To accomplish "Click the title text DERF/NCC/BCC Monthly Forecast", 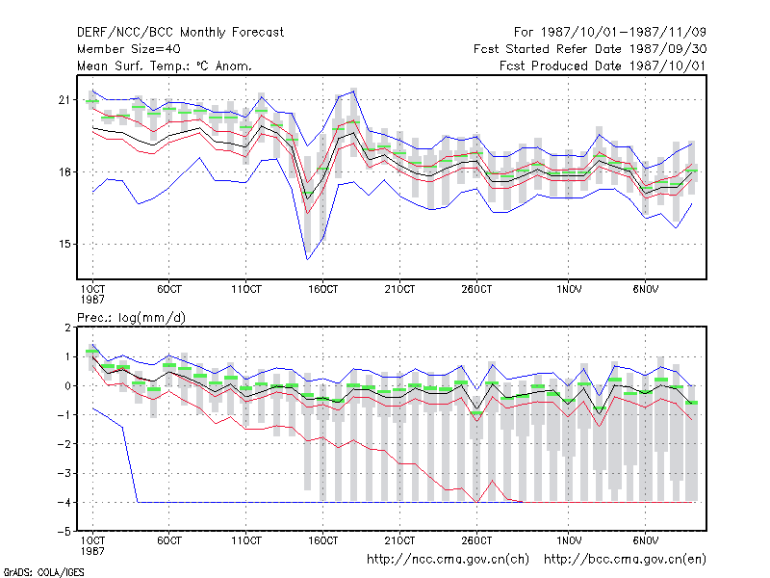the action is coord(180,33).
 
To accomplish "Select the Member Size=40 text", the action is coord(129,49).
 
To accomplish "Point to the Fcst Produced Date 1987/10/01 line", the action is coord(603,66).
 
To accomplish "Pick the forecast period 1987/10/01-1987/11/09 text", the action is coord(610,33).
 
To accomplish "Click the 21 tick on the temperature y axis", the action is coord(64,100).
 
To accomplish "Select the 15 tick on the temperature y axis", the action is coord(64,245).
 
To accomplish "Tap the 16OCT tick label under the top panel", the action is coord(322,289).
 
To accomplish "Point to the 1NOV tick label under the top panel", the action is coord(569,289).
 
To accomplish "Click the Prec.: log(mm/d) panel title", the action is coord(131,318).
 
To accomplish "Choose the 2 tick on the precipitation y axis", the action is coord(67,328).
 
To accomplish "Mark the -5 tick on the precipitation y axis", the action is coord(64,532).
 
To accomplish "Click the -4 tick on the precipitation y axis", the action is coord(64,502).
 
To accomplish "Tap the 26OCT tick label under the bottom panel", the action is coord(476,540).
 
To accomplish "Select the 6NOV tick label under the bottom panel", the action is coord(645,540).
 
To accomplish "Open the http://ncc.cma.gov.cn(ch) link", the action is coord(448,560).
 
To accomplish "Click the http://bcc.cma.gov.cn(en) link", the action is coord(625,560).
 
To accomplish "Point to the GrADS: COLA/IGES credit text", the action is coord(43,572).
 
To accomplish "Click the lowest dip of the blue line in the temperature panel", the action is coord(307,259).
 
